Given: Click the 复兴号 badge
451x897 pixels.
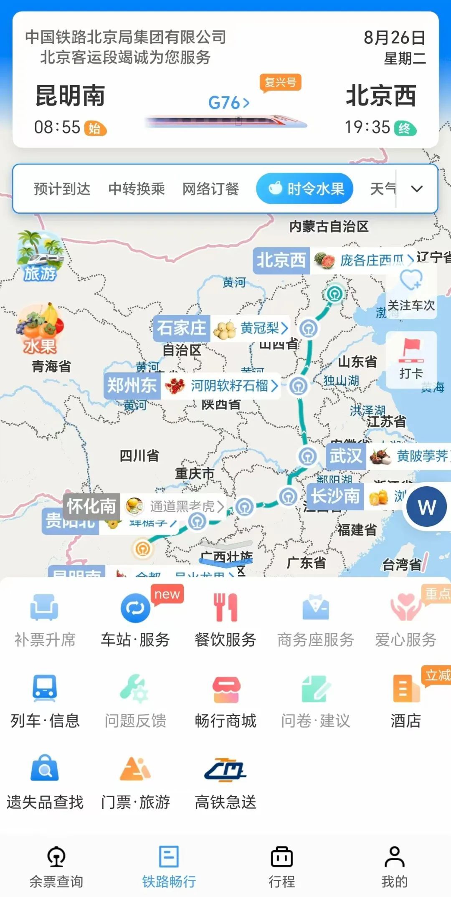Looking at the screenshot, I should (280, 82).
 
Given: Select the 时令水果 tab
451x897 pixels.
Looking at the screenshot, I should (305, 189).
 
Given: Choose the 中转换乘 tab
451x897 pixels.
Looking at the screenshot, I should (137, 189).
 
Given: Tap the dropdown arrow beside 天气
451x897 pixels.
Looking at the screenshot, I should (416, 189).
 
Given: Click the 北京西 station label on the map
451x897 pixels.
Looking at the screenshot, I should (281, 260).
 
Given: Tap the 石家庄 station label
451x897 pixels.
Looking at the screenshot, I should (182, 328).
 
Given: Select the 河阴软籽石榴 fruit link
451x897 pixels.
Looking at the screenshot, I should (230, 386).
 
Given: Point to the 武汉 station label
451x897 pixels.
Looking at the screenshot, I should (346, 455).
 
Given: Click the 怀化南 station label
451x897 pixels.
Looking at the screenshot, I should (91, 506).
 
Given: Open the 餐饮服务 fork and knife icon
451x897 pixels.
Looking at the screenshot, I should (225, 608).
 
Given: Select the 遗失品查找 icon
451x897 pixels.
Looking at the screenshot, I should (45, 769).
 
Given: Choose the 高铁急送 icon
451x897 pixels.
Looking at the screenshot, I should (225, 769).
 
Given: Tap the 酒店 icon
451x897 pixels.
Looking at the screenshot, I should (405, 689).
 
